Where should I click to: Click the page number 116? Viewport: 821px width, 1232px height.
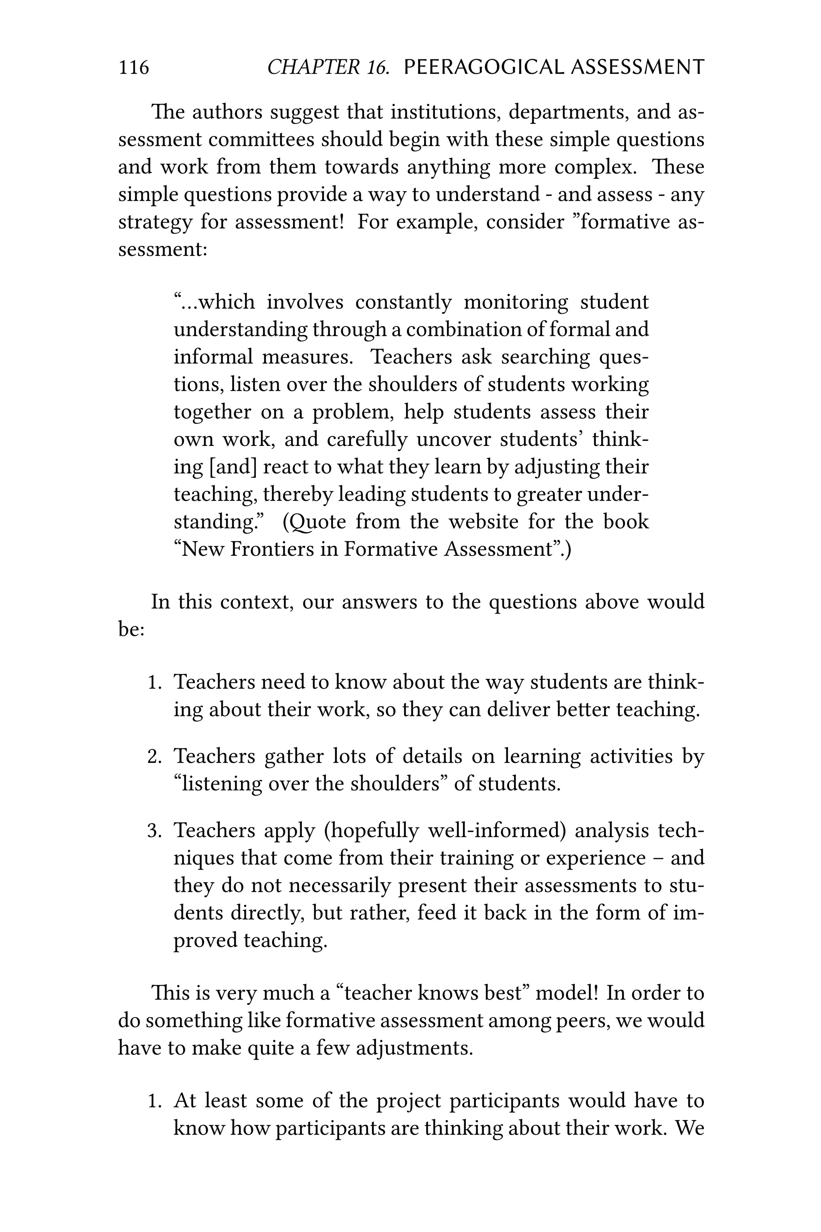point(133,67)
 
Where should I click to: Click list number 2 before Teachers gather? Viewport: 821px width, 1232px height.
point(154,757)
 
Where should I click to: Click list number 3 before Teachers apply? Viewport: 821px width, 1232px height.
point(154,831)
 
